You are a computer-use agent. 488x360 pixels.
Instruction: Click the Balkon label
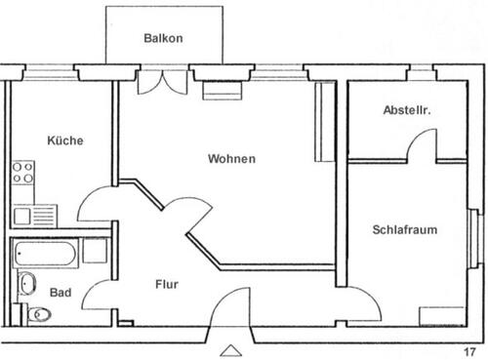(163, 38)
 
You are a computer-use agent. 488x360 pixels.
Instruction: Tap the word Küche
(65, 140)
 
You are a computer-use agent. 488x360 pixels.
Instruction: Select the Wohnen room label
(231, 159)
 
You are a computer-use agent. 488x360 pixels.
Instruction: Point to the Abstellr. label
(406, 111)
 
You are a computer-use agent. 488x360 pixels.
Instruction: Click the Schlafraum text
(404, 230)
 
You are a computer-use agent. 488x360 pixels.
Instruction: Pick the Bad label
(60, 292)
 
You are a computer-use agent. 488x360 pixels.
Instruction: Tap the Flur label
(167, 285)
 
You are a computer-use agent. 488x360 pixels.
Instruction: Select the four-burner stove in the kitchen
(21, 173)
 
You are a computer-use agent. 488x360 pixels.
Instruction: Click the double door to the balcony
(160, 82)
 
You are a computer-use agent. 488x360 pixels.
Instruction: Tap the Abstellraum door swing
(422, 144)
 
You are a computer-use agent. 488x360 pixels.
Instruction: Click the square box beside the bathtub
(95, 251)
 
